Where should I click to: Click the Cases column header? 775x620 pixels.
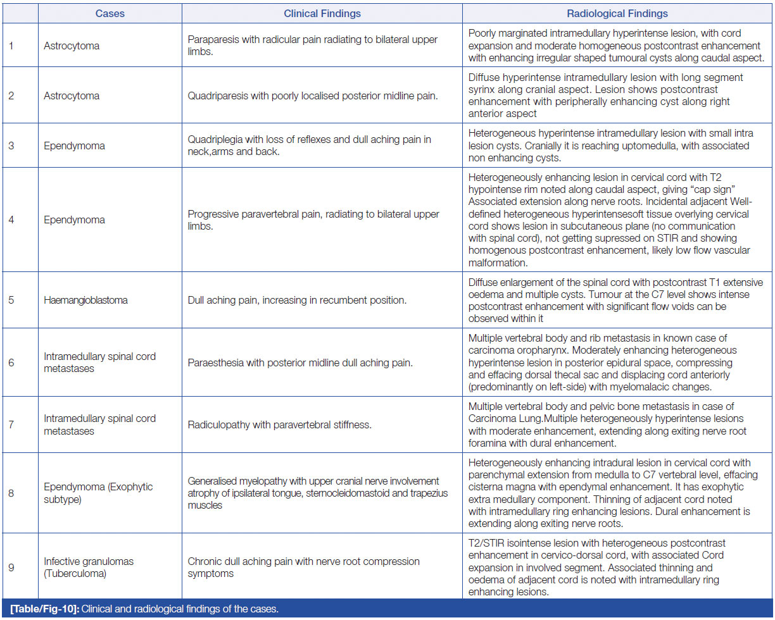click(x=110, y=13)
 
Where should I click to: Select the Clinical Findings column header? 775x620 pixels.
click(x=322, y=13)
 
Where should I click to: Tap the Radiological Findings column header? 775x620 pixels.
click(x=617, y=13)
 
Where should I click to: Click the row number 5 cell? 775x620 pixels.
click(x=11, y=300)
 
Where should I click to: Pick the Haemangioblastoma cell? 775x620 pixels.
click(x=85, y=300)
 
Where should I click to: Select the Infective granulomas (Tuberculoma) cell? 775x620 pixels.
click(x=89, y=567)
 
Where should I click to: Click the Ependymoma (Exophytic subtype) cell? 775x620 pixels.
click(x=98, y=493)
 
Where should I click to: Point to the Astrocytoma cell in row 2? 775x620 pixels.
click(x=72, y=96)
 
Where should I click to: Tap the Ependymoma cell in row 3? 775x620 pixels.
click(x=74, y=146)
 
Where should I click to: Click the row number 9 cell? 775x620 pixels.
click(x=11, y=567)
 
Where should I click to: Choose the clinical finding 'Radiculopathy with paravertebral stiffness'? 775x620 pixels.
click(x=279, y=425)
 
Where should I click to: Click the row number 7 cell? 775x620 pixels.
click(x=11, y=425)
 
